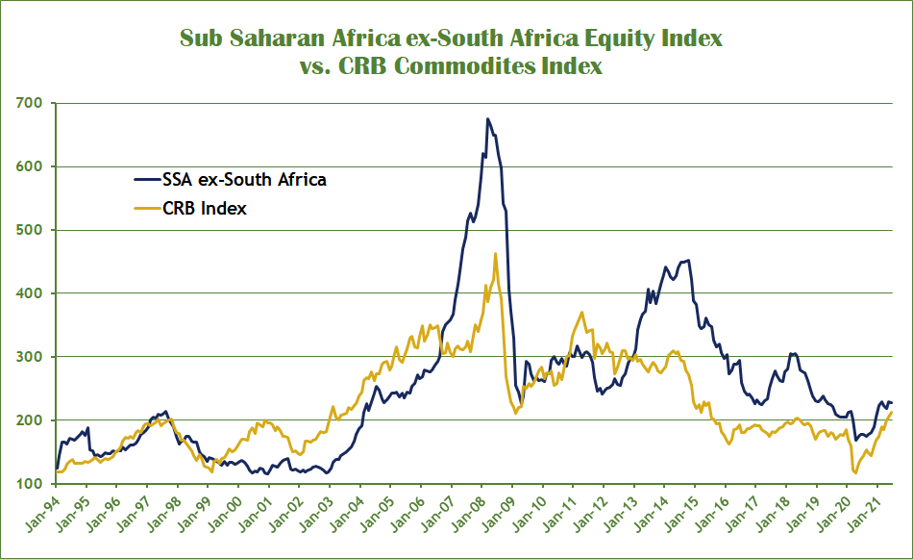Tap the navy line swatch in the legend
[x=146, y=179]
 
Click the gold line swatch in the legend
[x=146, y=208]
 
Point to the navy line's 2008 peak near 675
[x=487, y=119]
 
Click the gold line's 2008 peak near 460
[x=495, y=254]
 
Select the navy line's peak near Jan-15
[x=687, y=260]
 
